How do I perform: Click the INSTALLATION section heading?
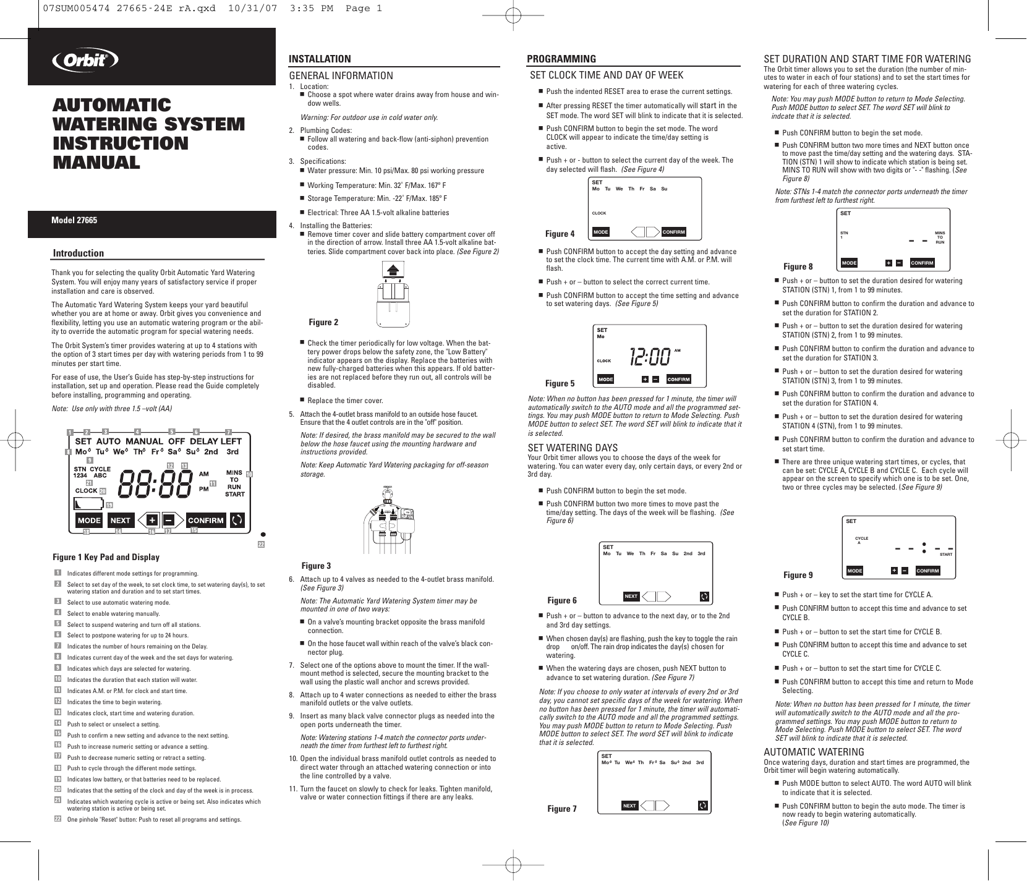point(320,59)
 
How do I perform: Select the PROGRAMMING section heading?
point(561,59)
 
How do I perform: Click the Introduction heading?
point(79,253)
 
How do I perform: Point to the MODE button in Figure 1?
point(89,520)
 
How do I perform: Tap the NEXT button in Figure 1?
point(121,520)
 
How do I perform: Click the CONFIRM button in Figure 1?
point(205,520)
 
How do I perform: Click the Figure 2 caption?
point(323,322)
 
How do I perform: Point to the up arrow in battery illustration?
point(391,270)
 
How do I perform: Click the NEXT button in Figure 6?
point(631,596)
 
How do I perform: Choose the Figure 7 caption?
point(562,808)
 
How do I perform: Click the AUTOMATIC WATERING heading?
point(814,752)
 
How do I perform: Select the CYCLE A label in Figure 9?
point(861,539)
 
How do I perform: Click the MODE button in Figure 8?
point(850,263)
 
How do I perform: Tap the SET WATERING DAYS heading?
point(573,448)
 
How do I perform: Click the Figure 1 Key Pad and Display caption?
point(106,557)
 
